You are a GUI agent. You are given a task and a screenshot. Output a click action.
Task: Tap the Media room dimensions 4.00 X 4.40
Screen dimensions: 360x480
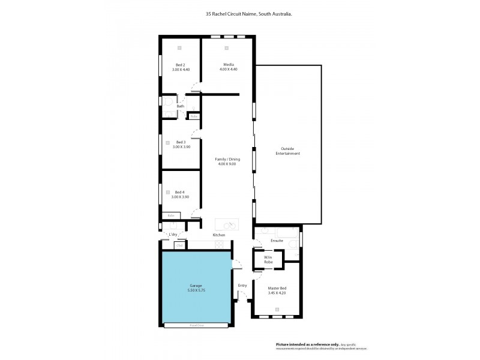tap(228, 70)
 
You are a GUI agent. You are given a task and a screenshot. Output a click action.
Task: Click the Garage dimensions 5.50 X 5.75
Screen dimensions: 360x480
tap(196, 290)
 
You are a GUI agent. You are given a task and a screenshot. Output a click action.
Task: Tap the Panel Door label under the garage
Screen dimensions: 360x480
tap(196, 325)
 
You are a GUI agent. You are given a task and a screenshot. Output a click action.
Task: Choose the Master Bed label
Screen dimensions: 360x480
tap(277, 288)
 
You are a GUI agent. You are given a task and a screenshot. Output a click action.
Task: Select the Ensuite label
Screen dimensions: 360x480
tap(277, 241)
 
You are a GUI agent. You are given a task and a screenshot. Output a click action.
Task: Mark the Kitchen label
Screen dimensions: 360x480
tap(218, 235)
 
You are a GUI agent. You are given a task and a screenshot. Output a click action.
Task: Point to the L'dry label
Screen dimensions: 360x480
tap(173, 234)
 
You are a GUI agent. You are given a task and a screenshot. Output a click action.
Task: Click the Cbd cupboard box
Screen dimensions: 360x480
tap(179, 245)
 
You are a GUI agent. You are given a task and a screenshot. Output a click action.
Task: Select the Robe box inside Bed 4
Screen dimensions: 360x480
tap(171, 215)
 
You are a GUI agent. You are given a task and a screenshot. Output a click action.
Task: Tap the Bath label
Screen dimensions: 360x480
tap(172, 106)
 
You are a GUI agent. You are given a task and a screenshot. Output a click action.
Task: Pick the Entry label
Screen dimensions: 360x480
tap(242, 285)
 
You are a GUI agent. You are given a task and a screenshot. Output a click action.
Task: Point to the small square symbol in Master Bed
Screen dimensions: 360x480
tap(277, 309)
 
